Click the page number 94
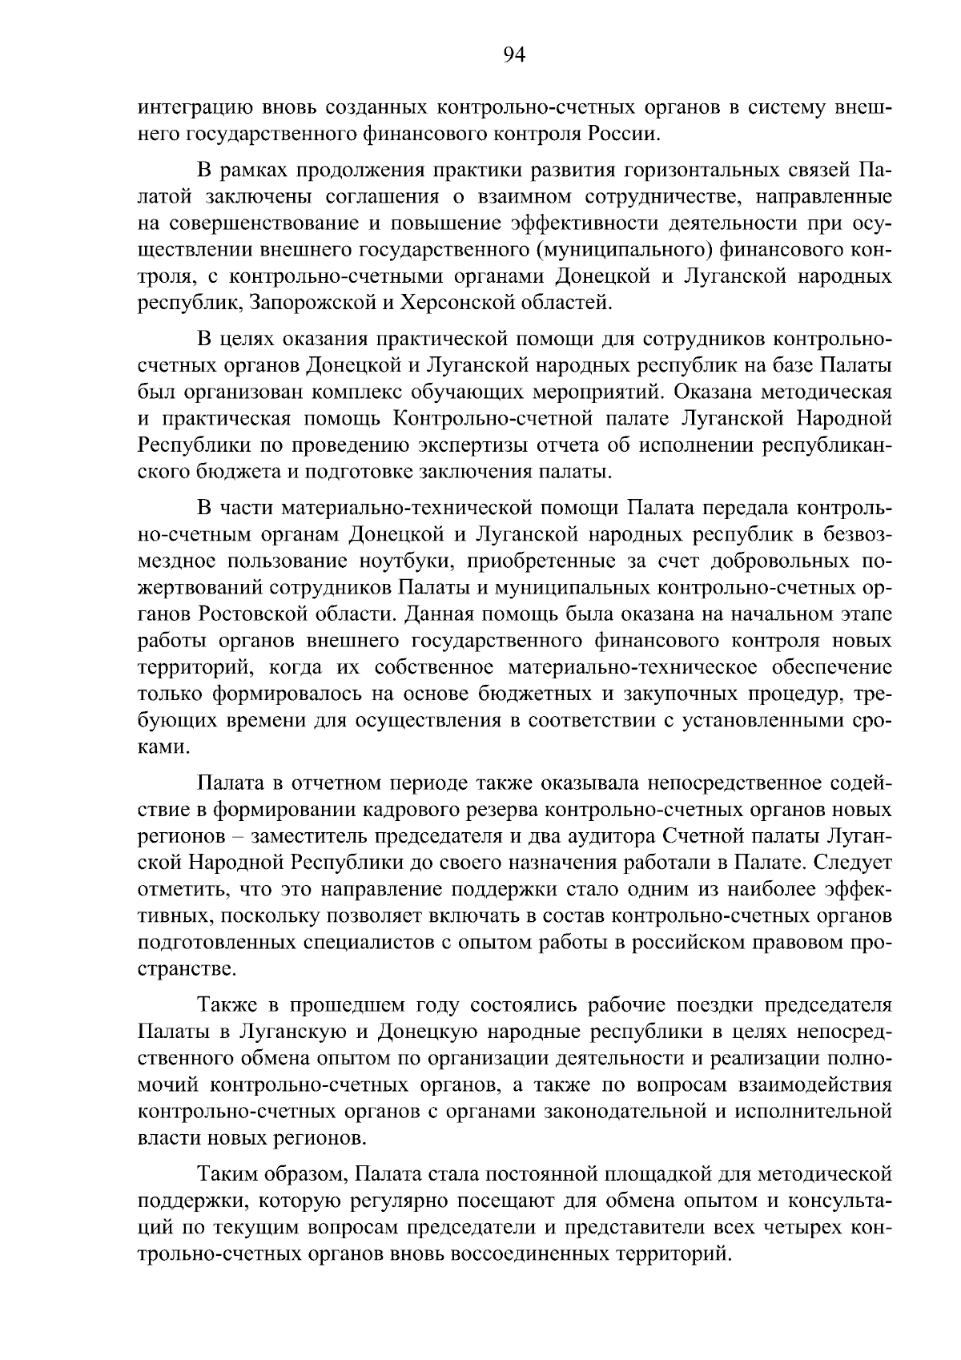click(x=513, y=54)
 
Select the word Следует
click(x=855, y=863)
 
